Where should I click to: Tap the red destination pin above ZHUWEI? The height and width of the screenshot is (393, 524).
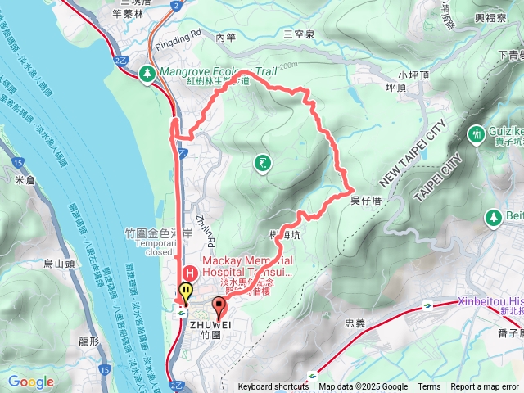219,307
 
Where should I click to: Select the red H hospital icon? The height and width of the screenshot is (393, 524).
188,273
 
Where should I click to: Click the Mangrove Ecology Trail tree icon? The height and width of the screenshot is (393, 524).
147,73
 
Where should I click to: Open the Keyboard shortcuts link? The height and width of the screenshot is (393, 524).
273,387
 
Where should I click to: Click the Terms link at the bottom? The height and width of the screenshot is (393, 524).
429,387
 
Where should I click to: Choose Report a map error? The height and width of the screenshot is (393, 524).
486,387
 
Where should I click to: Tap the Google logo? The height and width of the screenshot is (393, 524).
31,382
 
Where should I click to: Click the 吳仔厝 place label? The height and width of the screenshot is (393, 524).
366,200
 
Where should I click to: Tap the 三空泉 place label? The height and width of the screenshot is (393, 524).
299,34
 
